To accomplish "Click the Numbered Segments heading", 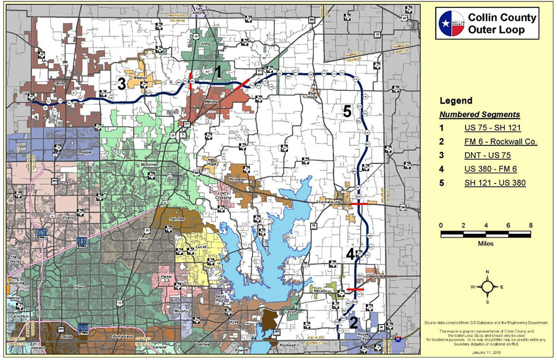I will [x=480, y=114].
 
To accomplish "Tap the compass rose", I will [x=487, y=287].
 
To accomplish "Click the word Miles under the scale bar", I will [x=486, y=243].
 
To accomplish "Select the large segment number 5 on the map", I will [x=347, y=111].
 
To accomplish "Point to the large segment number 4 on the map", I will [x=350, y=254].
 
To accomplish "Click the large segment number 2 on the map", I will [x=353, y=322].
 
